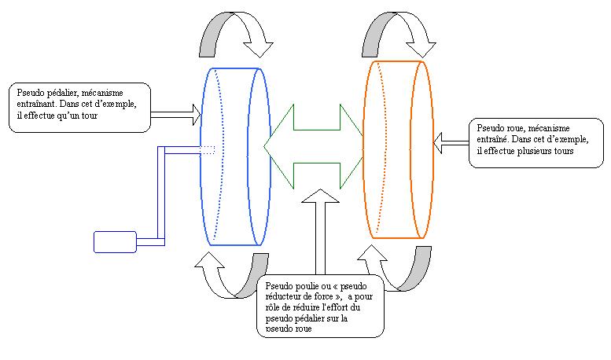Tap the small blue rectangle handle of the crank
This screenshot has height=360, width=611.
(x=116, y=242)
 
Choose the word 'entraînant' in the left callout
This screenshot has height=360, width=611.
(x=35, y=103)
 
